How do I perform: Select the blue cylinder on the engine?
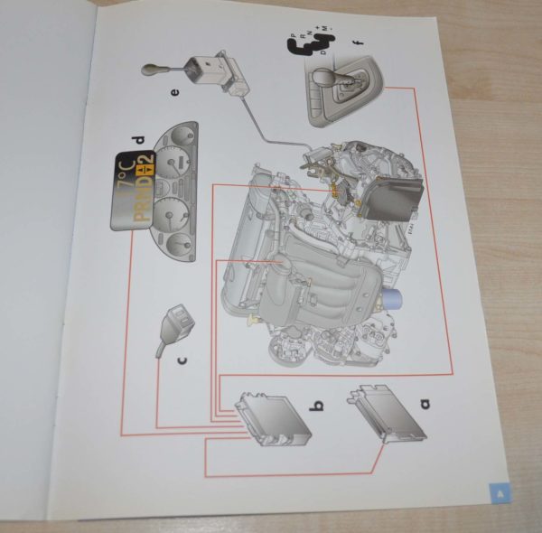pos(393,297)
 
